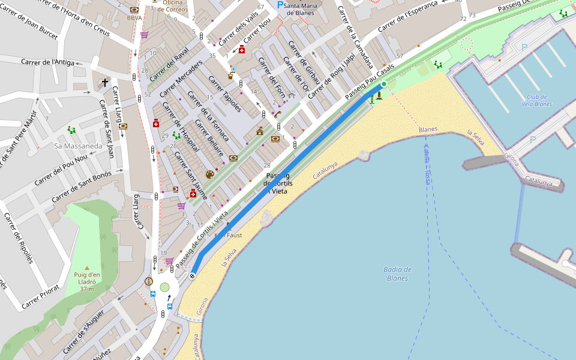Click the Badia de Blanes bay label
pos(398,274)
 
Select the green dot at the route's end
pos(383,84)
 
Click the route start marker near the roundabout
pos(193,276)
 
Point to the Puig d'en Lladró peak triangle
pos(87,268)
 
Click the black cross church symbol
pos(105,83)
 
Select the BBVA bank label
pos(134,18)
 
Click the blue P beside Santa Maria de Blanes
pos(280,5)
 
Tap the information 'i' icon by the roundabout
pos(149,281)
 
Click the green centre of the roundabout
pos(165,287)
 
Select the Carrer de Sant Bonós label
pos(82,187)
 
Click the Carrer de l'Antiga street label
pos(47,62)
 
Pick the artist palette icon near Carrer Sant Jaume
pos(209,175)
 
